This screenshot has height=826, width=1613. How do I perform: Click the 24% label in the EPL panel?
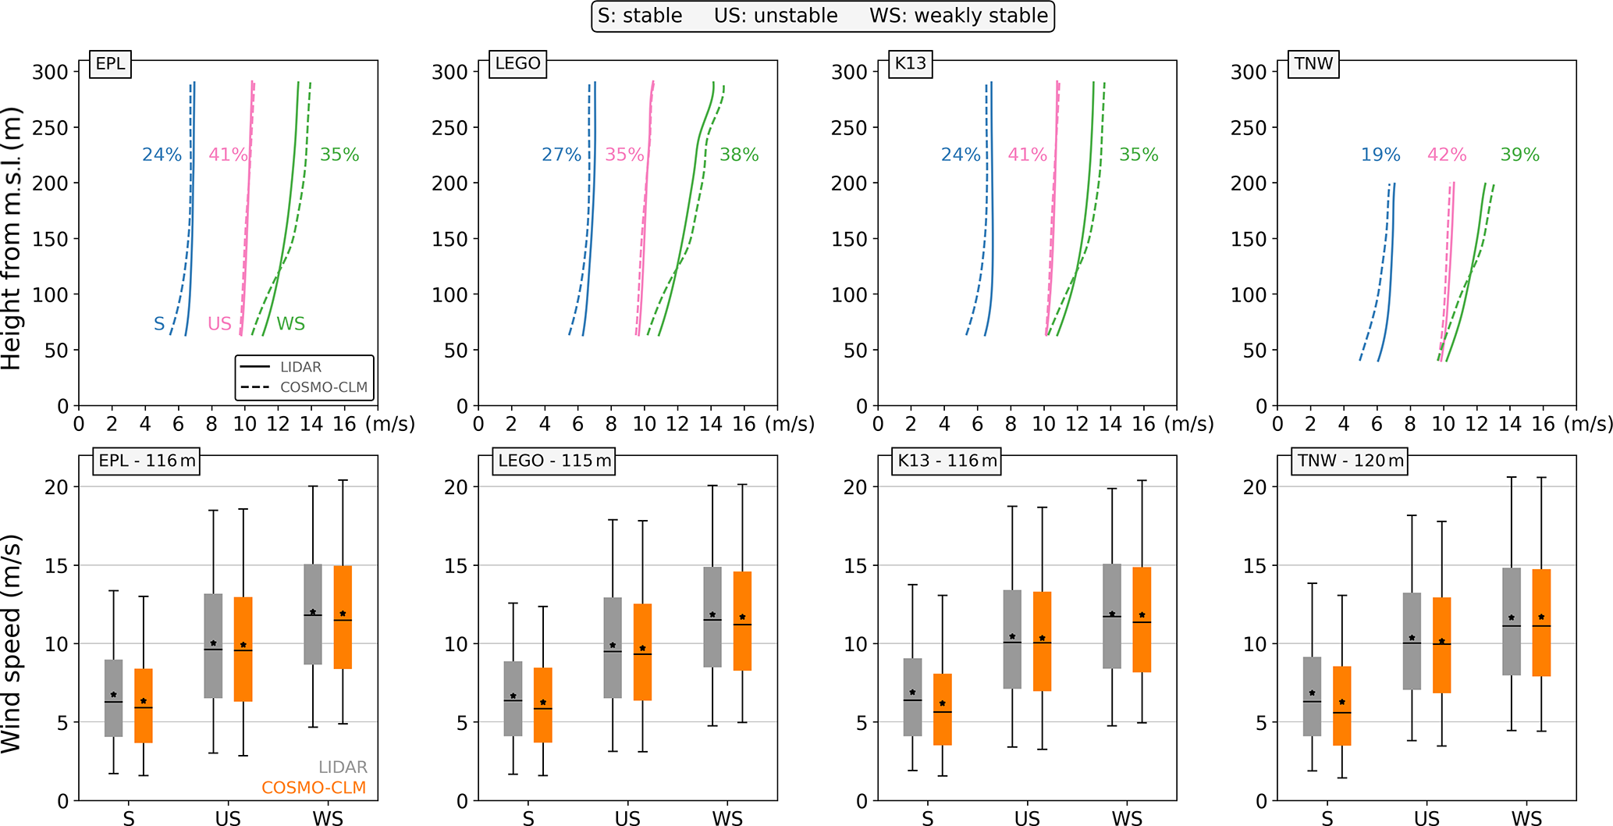[162, 155]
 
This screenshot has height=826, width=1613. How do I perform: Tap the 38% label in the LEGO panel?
[739, 155]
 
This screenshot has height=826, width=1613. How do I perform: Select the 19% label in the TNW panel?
[1380, 155]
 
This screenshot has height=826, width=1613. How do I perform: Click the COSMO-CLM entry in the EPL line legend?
[323, 387]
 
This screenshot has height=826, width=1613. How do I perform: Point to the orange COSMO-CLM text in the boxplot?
[314, 788]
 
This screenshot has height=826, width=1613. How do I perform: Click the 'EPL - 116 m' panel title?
[147, 461]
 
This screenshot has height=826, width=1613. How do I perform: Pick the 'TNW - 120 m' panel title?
[1351, 461]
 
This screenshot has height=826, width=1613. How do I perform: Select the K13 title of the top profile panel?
[910, 63]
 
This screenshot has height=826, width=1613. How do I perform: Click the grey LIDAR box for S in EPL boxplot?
[114, 698]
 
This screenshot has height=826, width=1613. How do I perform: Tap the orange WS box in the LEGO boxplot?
[742, 621]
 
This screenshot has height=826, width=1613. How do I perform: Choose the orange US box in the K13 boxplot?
[1042, 641]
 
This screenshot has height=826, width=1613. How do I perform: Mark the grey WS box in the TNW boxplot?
[1512, 621]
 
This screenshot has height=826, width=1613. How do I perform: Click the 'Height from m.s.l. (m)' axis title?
[11, 238]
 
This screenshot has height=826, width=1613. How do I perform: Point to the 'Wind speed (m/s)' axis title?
[11, 644]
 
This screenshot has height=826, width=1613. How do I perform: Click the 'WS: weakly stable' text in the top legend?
[958, 16]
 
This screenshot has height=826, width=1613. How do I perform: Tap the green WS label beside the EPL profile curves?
[290, 323]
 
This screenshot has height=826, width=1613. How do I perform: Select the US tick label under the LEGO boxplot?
[627, 817]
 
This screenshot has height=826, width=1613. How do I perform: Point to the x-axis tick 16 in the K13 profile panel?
[1143, 424]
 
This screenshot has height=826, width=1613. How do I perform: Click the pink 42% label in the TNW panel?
[1447, 155]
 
